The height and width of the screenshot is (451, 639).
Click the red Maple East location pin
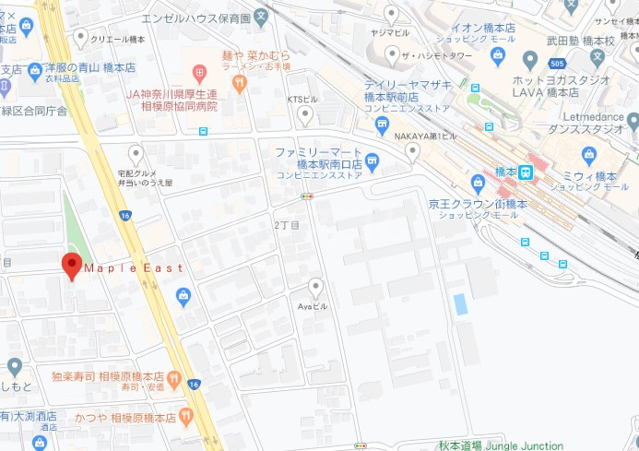[x=72, y=265]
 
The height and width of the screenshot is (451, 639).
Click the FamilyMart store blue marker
[x=372, y=162]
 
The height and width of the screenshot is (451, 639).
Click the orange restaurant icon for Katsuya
[x=185, y=416]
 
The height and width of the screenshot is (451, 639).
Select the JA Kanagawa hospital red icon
[x=199, y=72]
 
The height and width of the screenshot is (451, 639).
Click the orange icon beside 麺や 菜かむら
[x=240, y=83]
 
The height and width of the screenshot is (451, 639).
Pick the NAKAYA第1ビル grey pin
[x=412, y=152]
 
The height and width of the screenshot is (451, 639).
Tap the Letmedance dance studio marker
[x=633, y=121]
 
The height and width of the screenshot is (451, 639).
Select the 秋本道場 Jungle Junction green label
[x=501, y=445]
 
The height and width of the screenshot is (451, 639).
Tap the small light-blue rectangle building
[x=459, y=304]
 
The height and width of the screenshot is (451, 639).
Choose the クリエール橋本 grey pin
[x=81, y=38]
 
